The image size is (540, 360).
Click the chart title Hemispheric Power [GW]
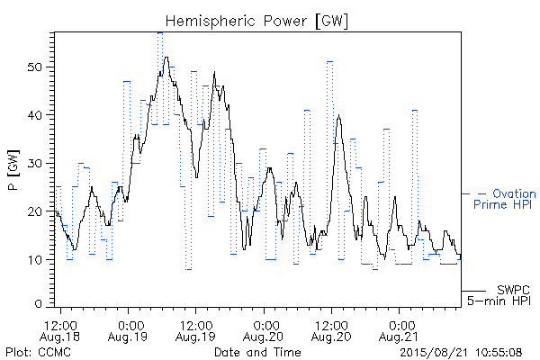click(x=256, y=21)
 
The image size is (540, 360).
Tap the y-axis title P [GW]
click(x=13, y=170)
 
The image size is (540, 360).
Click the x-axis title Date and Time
click(x=257, y=352)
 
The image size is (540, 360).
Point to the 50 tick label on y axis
click(x=35, y=67)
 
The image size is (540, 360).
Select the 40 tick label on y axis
click(x=35, y=115)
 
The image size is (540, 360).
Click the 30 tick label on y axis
click(x=35, y=163)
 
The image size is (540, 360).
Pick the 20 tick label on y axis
click(x=35, y=211)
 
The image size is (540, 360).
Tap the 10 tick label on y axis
click(x=35, y=260)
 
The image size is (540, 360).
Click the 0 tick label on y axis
click(x=39, y=304)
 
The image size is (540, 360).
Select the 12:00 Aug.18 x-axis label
click(x=60, y=331)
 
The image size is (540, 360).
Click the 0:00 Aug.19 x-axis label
click(x=128, y=331)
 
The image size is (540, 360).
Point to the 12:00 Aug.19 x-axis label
click(x=195, y=331)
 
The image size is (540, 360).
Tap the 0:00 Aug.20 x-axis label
click(x=264, y=331)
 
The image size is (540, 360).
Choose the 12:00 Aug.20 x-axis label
click(x=331, y=331)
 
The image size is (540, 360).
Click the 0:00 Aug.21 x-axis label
click(x=399, y=331)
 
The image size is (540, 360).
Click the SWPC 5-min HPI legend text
click(x=499, y=295)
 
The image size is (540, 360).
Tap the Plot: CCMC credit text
click(x=38, y=352)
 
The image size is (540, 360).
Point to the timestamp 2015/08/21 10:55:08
click(x=461, y=353)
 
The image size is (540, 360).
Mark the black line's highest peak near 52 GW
click(x=166, y=58)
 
